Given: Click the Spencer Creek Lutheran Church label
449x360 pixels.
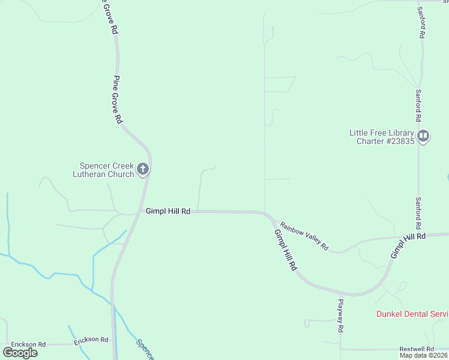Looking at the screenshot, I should (107, 170).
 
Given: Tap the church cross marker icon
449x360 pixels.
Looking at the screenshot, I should (143, 169).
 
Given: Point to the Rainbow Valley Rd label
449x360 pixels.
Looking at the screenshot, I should (304, 235).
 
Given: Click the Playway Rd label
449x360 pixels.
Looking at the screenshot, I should (340, 316).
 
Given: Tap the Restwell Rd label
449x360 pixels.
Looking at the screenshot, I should (417, 349).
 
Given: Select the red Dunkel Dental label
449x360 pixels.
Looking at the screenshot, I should (412, 314).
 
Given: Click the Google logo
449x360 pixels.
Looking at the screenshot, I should (20, 353).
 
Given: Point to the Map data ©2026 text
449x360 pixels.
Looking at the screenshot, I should (423, 355).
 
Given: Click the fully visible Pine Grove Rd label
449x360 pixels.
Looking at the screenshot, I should (117, 100).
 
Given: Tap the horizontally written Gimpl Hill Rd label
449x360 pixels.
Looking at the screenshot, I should (168, 211).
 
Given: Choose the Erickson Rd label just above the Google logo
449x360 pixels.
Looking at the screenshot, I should (29, 344).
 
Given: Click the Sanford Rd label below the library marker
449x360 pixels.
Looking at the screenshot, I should (418, 214).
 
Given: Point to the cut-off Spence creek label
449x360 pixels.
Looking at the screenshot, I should (145, 350).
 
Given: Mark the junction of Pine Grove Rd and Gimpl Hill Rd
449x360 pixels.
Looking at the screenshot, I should (139, 212).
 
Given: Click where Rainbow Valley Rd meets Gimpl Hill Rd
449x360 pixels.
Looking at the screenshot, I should (270, 217).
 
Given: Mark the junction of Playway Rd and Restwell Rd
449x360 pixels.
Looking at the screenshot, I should (340, 349).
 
